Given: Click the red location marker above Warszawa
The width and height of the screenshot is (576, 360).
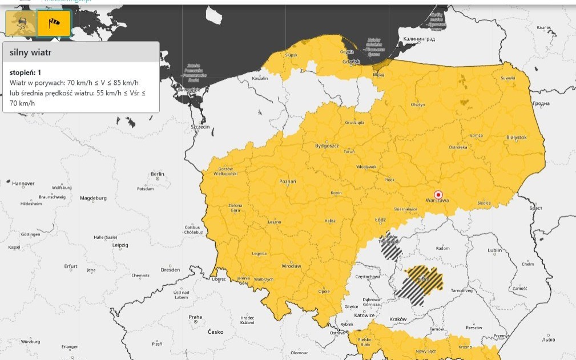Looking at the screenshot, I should click(x=438, y=194).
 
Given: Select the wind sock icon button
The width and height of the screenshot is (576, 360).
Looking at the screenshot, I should click(x=54, y=23).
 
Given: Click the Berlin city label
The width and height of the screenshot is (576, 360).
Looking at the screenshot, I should click(x=158, y=174).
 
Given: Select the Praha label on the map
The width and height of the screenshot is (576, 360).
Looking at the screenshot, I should click(x=195, y=317).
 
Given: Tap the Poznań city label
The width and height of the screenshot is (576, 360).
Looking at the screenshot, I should click(x=288, y=181).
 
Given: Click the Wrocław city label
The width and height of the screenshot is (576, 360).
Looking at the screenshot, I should click(x=291, y=266).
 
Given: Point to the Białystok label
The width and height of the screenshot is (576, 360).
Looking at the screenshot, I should click(x=517, y=137).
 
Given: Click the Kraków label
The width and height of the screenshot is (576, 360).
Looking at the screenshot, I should click(x=397, y=319).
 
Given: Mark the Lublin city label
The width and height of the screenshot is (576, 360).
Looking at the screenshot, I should click(x=494, y=250).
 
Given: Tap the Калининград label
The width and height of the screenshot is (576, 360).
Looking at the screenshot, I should click(x=419, y=39).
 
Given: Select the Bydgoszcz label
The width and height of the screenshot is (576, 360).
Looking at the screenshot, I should click(x=327, y=145).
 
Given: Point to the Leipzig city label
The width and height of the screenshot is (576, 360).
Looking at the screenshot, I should click(x=120, y=245).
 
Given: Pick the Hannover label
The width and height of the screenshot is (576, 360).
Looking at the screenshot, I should click(x=23, y=184).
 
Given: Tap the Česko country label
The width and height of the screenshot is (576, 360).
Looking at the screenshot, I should click(x=216, y=331).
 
